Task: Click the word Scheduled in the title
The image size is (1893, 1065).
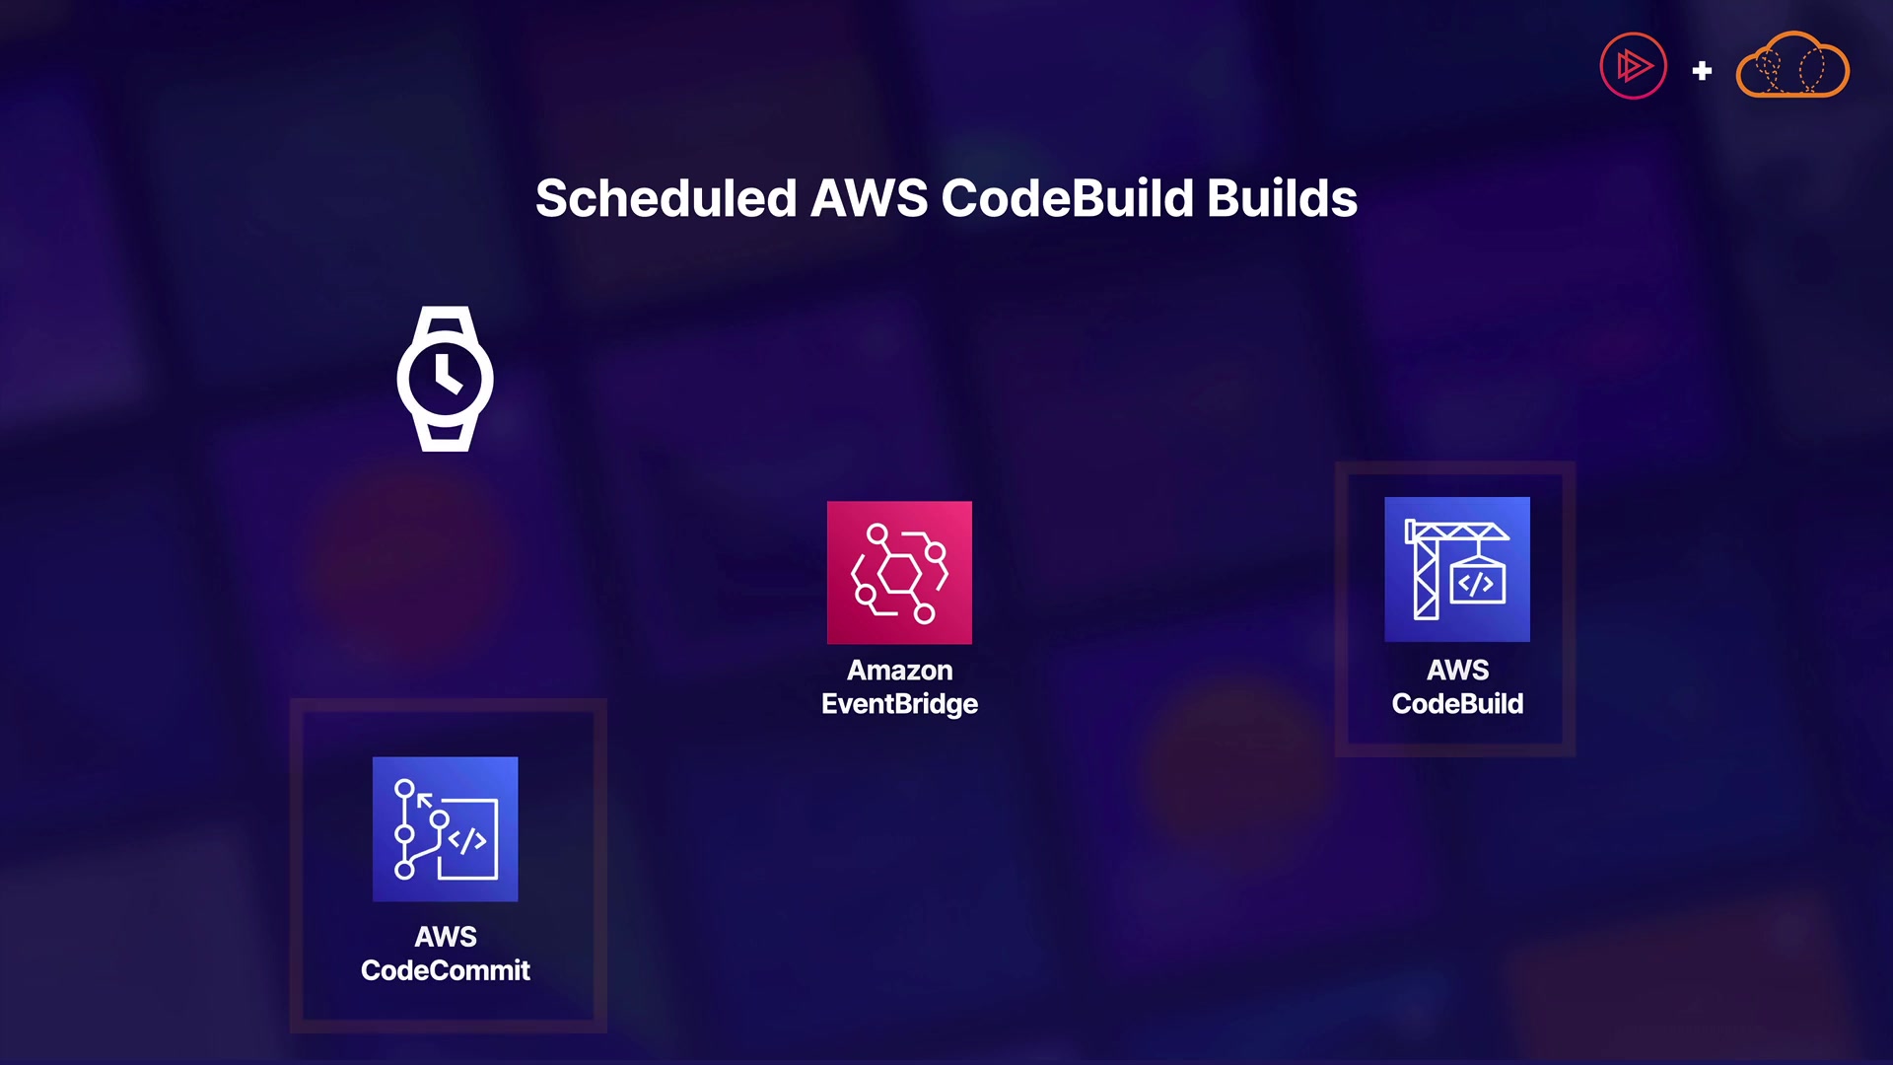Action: (x=666, y=198)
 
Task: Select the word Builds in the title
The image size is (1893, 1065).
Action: (x=1282, y=198)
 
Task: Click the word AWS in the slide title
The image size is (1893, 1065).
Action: (x=869, y=198)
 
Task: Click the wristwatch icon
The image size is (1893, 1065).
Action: (x=446, y=379)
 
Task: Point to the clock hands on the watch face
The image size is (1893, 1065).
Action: (x=446, y=376)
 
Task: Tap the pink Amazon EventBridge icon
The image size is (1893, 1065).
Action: (x=899, y=572)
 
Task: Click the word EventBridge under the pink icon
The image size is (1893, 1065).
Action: (x=899, y=704)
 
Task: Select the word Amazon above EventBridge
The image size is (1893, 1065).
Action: (x=899, y=671)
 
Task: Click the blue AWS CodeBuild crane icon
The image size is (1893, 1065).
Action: (x=1457, y=569)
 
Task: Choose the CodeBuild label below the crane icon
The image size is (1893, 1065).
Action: (x=1457, y=704)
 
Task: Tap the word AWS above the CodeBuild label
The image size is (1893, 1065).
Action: (x=1457, y=671)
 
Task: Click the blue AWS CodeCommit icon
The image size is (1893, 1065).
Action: (x=445, y=828)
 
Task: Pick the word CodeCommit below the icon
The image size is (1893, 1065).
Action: (x=446, y=970)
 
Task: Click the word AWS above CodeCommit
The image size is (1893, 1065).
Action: (x=446, y=937)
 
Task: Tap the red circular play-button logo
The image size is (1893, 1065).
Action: (x=1633, y=66)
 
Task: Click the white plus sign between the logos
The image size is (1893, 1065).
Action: (x=1702, y=71)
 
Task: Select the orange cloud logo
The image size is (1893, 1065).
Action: (x=1792, y=65)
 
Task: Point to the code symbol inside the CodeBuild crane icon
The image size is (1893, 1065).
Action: (x=1476, y=584)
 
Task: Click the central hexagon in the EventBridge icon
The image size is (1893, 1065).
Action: (x=898, y=573)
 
